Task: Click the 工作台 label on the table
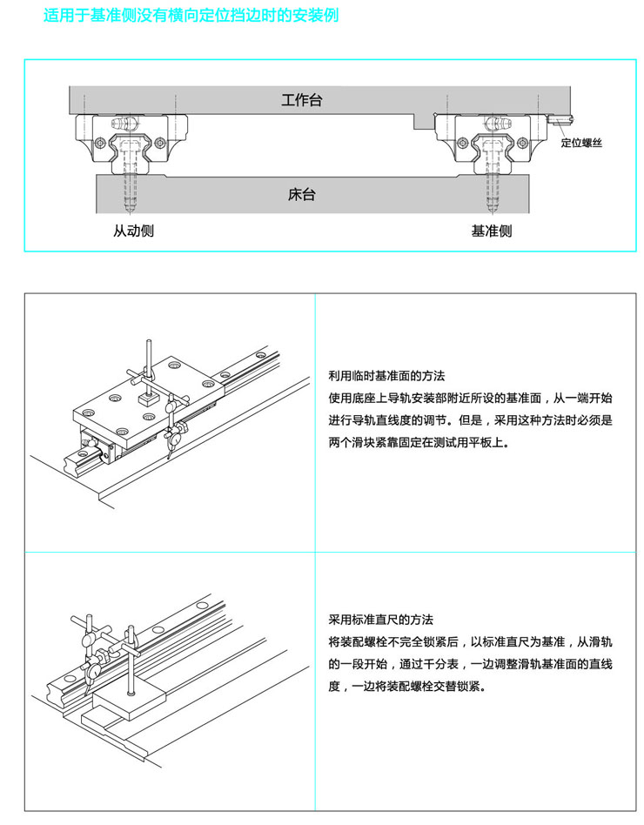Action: (x=302, y=100)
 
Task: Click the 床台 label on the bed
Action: (x=302, y=194)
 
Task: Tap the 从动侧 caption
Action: (x=133, y=231)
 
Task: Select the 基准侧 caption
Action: (x=492, y=231)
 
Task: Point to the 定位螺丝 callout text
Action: (x=581, y=144)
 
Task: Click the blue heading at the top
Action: (x=191, y=17)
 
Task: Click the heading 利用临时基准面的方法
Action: (x=386, y=377)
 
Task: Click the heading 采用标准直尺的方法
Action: (x=380, y=620)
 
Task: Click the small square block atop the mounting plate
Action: (x=145, y=398)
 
